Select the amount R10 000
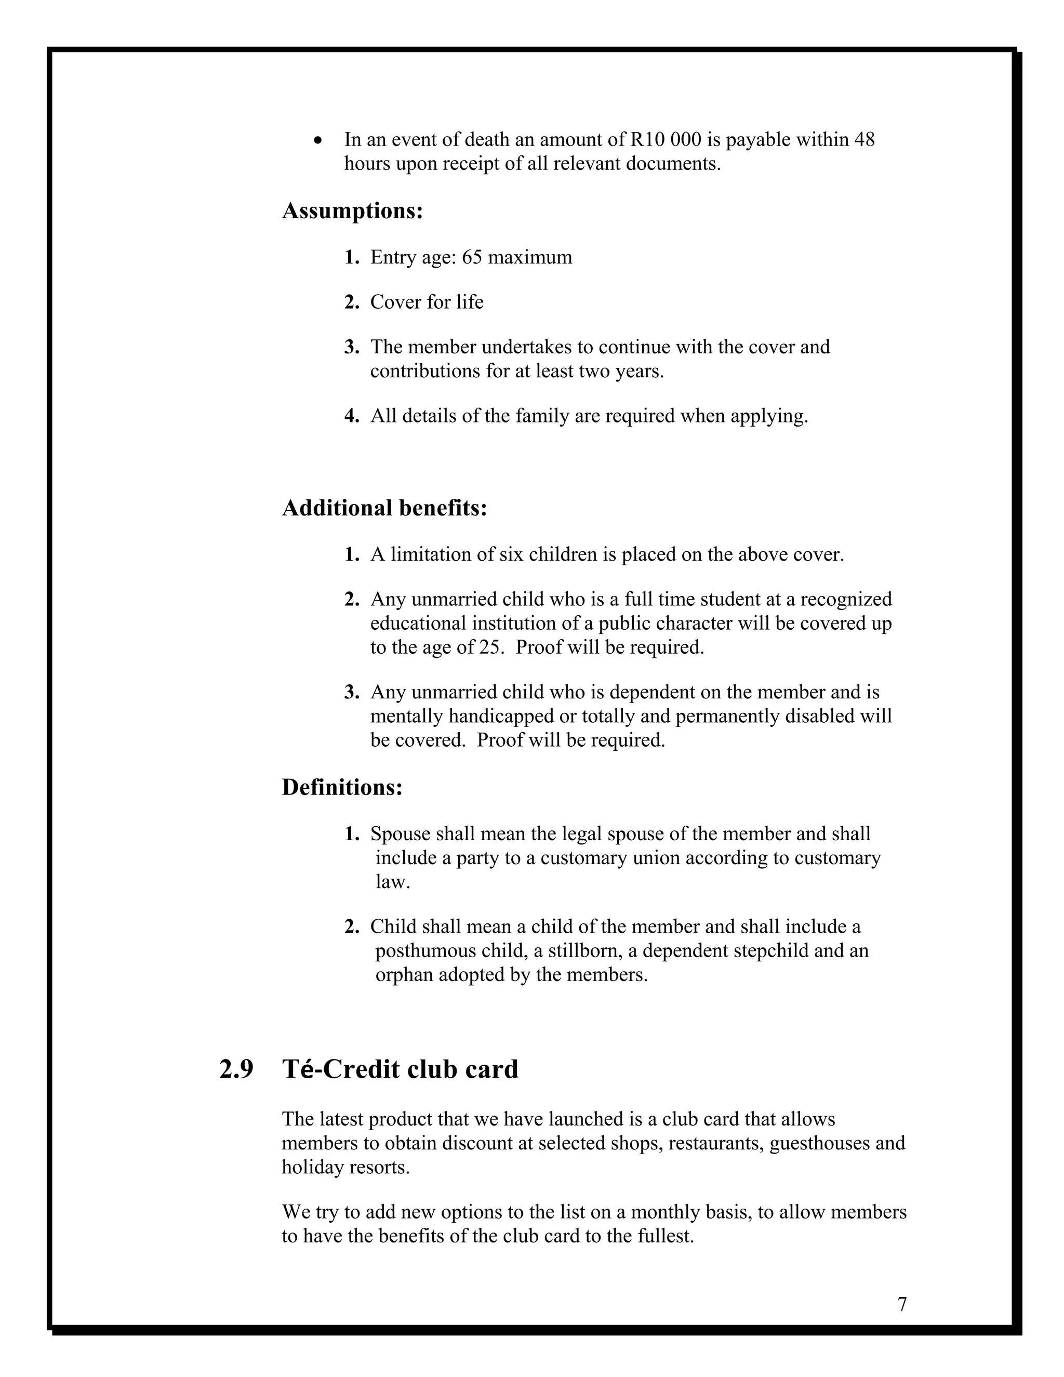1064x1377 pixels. [665, 139]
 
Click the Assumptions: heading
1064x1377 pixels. [352, 210]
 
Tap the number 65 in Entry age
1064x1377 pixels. [472, 257]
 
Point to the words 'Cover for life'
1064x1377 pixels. [427, 302]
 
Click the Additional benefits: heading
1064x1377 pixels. [384, 508]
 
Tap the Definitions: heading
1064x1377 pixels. [342, 787]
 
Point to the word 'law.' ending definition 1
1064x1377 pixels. [393, 882]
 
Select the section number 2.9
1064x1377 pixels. [236, 1069]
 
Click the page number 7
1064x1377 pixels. [902, 1304]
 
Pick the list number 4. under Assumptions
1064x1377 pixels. [352, 416]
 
